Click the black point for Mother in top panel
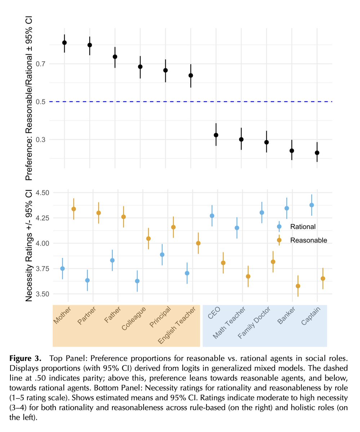[x=65, y=42]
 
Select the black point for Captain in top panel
[x=317, y=153]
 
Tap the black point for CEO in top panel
[x=216, y=135]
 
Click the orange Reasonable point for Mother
[x=74, y=209]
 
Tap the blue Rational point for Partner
[x=87, y=280]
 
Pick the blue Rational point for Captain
[x=312, y=205]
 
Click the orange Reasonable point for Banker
[x=298, y=286]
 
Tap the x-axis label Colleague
[x=134, y=319]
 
